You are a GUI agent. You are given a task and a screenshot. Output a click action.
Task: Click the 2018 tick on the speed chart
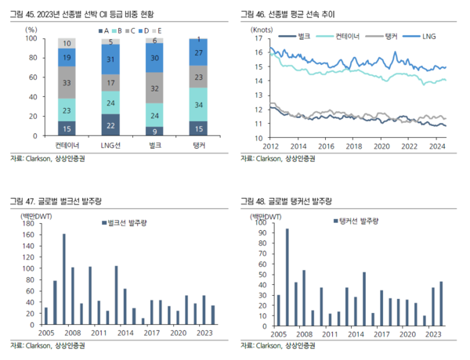tap(354, 146)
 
